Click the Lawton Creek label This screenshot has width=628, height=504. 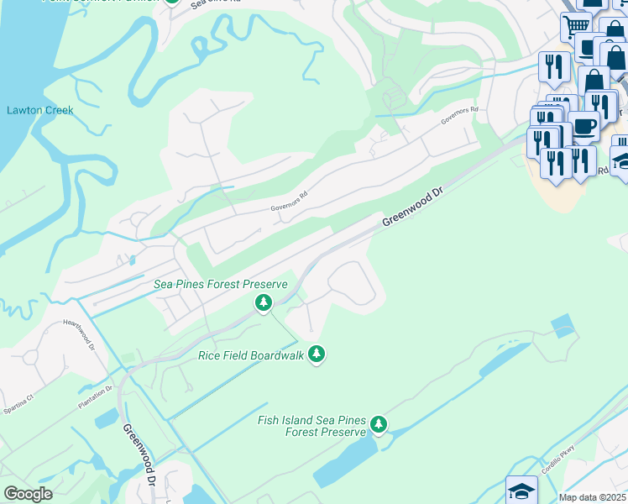click(x=40, y=110)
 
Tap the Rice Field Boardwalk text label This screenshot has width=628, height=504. click(x=249, y=355)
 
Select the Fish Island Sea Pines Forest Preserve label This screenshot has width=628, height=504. click(x=311, y=425)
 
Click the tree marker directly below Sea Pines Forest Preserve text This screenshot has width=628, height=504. click(x=264, y=302)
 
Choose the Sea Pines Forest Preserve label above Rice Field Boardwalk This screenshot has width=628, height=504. click(x=221, y=285)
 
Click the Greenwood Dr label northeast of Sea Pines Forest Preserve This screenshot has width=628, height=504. click(x=411, y=207)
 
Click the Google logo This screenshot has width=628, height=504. click(x=29, y=493)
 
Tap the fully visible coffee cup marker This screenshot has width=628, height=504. click(x=584, y=127)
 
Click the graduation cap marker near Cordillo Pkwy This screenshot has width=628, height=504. click(x=521, y=490)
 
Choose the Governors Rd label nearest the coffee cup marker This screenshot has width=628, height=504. click(x=461, y=116)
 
